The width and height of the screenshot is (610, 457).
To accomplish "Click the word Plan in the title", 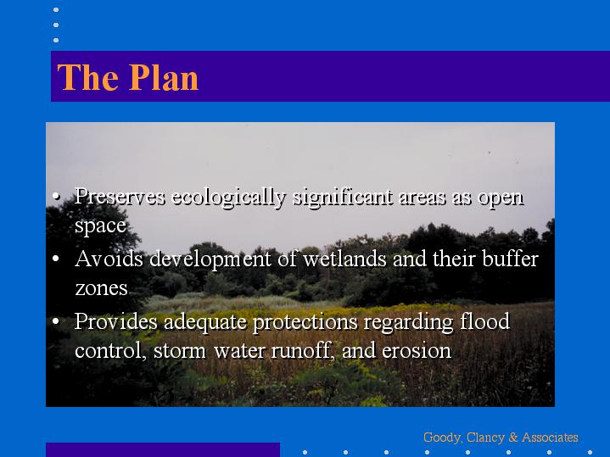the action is point(164,77).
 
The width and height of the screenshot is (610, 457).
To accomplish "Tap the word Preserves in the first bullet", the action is point(120,196).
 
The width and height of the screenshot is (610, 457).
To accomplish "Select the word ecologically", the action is point(229,198).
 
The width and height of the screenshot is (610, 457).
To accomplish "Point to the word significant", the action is point(343,198).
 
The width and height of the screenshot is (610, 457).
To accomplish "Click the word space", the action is point(100,226).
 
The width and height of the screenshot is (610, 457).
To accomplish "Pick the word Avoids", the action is point(109,259).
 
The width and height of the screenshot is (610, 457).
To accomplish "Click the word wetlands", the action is point(344,259).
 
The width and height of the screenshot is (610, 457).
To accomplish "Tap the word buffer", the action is point(510,259).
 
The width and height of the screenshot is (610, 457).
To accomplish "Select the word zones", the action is point(101,288).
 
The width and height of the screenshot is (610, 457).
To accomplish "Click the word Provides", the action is point(116,321).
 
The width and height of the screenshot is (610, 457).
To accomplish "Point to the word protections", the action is point(305,323).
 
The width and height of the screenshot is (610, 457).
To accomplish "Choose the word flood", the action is point(484,321).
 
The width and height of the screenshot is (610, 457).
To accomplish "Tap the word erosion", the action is point(417,351).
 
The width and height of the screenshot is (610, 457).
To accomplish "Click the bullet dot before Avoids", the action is point(56,259).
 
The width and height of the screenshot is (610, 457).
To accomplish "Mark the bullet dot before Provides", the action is point(56,321).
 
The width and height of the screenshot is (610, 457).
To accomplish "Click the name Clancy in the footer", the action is point(484,438).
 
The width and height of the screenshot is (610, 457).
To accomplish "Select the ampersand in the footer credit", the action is point(513,437).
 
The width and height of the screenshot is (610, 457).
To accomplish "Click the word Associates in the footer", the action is point(550,437).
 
